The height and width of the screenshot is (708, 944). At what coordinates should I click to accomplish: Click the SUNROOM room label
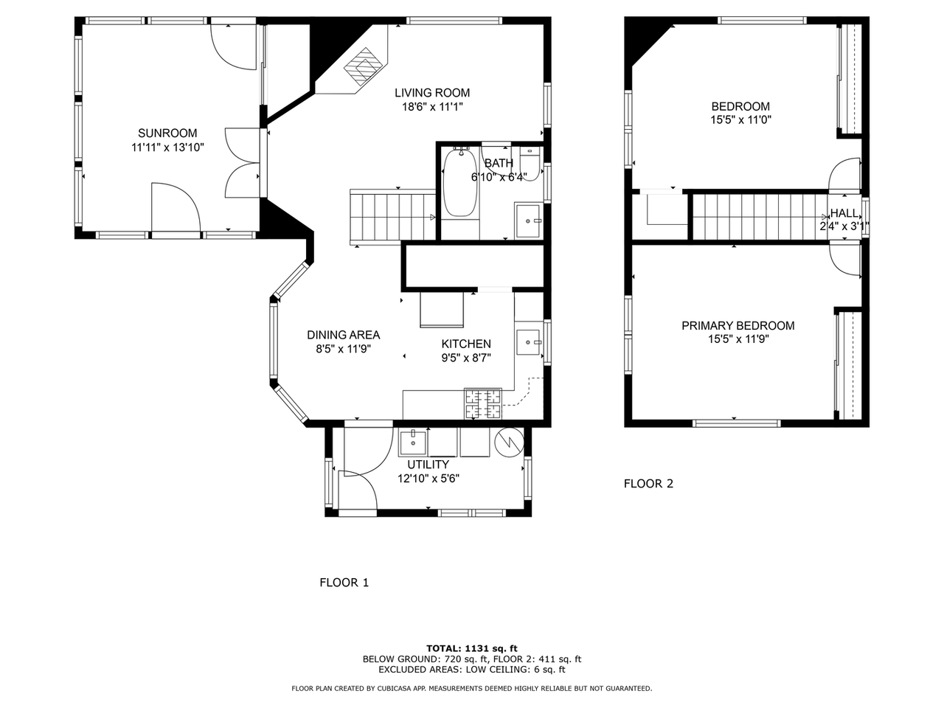point(167,133)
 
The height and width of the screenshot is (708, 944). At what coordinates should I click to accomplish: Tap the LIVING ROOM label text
point(431,93)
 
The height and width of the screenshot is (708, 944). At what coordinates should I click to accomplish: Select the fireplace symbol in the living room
point(362,67)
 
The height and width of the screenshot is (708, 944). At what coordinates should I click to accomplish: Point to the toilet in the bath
point(530,164)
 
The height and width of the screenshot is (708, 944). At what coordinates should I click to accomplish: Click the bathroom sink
point(529,221)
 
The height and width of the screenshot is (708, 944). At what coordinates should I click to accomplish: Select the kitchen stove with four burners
point(482,403)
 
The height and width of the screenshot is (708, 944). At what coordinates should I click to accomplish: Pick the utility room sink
point(412,443)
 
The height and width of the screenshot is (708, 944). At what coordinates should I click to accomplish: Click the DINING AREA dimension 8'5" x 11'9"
point(339,350)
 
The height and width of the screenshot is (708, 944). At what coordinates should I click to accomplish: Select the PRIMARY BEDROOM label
point(737,326)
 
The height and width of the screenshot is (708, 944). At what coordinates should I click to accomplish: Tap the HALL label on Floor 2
point(844,213)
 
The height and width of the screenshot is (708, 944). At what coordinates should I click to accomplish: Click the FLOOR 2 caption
point(648,484)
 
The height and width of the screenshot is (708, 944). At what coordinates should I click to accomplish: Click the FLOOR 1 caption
point(344,583)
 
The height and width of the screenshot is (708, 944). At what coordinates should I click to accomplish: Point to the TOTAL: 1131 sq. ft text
point(471,648)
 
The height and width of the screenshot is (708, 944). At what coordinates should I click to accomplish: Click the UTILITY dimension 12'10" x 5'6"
point(428,478)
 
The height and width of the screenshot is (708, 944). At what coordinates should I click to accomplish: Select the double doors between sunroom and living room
point(243,162)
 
